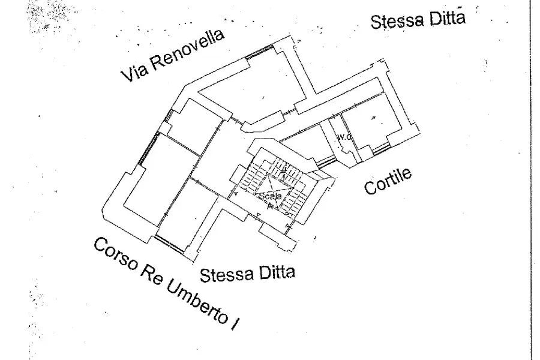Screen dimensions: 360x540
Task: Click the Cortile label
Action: tap(389, 181)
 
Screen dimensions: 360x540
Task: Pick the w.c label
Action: tap(343, 137)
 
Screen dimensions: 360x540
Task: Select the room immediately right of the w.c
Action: tap(372, 123)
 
